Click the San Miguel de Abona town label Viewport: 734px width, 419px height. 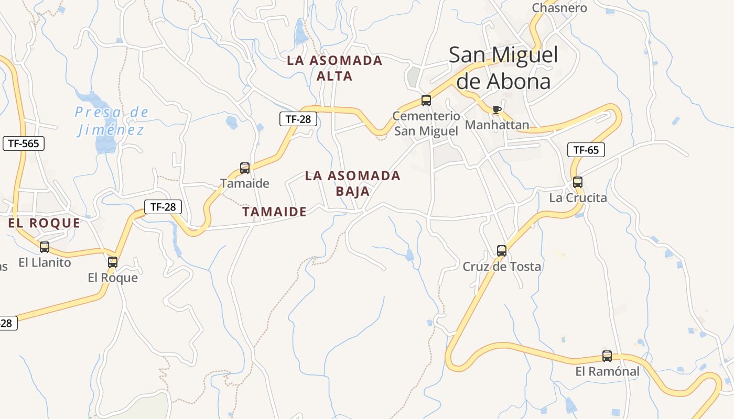(503, 68)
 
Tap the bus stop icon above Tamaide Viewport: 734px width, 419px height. (245, 168)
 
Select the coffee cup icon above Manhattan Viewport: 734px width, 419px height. (496, 110)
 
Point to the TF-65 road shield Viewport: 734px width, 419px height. (586, 150)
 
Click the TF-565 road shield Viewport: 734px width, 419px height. (24, 144)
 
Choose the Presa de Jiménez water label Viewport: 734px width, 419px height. (111, 120)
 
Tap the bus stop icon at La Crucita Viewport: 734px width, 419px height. (577, 182)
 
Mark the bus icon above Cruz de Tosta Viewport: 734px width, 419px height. (502, 251)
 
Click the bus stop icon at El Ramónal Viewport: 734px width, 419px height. (607, 356)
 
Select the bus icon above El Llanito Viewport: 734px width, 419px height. (45, 247)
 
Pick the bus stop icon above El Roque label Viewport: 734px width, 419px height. (113, 262)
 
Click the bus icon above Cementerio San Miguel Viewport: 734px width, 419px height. (426, 101)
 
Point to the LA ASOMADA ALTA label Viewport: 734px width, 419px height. (334, 68)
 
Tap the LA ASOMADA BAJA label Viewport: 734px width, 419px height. (352, 183)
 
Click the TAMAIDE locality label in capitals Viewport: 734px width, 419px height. (274, 212)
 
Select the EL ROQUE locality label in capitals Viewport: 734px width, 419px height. (44, 223)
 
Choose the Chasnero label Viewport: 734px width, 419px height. (559, 8)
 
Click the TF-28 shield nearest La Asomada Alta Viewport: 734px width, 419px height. (298, 119)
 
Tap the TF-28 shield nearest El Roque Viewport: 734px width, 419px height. (163, 207)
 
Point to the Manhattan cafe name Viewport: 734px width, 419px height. (496, 125)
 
